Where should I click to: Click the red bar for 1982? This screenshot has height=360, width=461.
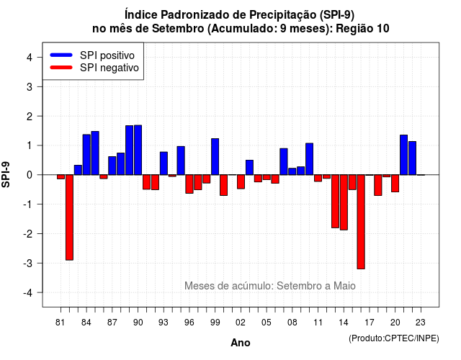coord(69,217)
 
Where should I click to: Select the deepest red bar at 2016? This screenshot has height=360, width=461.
coord(361,222)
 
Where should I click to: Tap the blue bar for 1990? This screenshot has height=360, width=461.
coord(138,150)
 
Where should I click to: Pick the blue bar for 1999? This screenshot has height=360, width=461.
coord(215,157)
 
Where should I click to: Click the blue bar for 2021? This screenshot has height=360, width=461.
coord(403,155)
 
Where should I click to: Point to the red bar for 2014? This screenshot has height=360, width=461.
coord(344,202)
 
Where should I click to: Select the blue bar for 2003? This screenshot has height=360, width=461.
coord(249,168)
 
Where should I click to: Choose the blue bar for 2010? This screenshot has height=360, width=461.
coord(309,159)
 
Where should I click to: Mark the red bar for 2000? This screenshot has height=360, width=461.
coord(224,185)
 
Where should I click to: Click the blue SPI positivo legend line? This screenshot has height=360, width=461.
coord(61,55)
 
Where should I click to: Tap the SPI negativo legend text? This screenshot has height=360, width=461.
coord(109,68)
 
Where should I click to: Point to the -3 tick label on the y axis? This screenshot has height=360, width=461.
coord(29,263)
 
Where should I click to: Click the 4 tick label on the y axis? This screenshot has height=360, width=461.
coord(30,58)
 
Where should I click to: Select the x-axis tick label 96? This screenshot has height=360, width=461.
coord(189,323)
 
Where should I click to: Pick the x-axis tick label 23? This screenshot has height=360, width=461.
coord(421,323)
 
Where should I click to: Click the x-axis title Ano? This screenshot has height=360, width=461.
coord(241,343)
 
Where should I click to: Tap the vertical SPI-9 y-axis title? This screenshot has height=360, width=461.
coord(6,174)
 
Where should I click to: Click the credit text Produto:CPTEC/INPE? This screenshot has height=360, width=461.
coord(394,338)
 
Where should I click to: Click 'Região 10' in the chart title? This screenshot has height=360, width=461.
coord(362,29)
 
